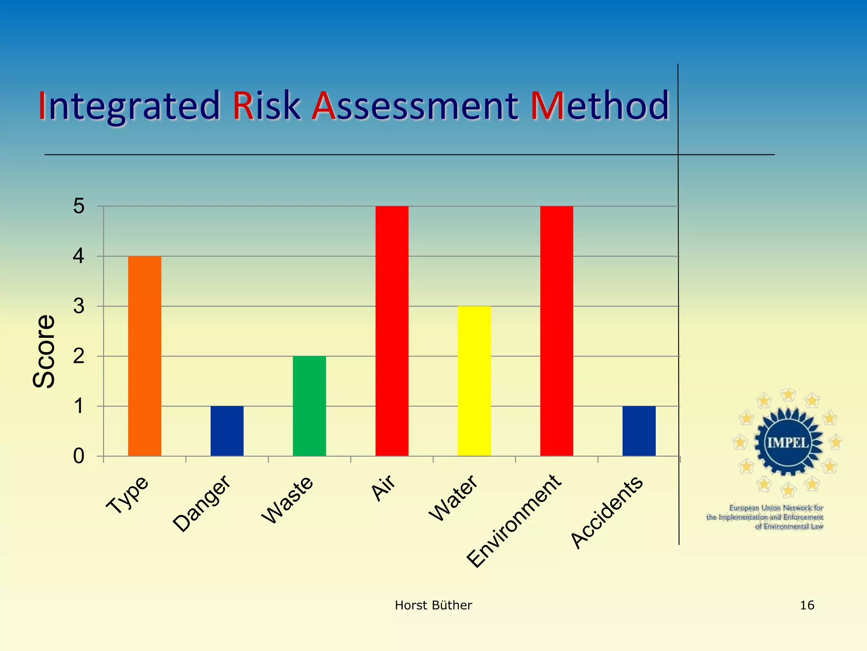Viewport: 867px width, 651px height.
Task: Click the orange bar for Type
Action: point(144,356)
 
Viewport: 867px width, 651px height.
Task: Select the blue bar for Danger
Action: point(227,431)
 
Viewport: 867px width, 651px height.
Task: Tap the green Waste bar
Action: point(309,406)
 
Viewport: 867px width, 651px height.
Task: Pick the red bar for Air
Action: point(392,331)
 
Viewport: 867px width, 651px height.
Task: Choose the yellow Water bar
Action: point(474,381)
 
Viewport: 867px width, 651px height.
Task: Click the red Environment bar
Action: point(557,331)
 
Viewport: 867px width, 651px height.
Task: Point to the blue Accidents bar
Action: point(639,431)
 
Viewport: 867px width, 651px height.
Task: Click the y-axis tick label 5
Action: point(79,207)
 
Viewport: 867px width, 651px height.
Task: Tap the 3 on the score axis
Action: point(79,306)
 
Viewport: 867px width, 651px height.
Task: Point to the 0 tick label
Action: point(79,456)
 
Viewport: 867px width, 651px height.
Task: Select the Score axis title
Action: point(44,351)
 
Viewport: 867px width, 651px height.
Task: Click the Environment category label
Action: point(514,521)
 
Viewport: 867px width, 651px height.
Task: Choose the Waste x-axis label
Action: point(287,500)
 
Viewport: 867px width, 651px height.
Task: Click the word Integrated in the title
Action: point(129,106)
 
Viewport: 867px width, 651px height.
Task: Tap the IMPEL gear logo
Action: point(788,442)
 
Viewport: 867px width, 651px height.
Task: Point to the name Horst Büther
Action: point(433,605)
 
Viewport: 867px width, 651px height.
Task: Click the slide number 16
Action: point(807,605)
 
